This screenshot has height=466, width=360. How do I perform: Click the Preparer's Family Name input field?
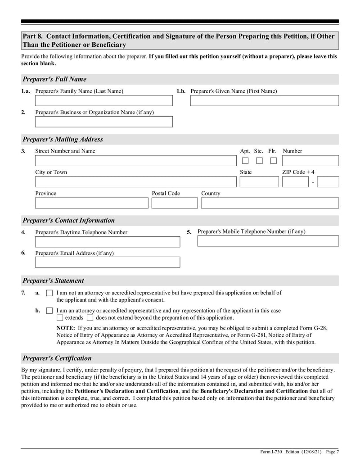click(x=103, y=101)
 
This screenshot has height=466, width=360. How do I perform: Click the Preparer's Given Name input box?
click(x=264, y=101)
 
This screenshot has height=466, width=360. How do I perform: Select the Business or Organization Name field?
click(x=103, y=122)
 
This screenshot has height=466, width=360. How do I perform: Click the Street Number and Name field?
click(x=135, y=161)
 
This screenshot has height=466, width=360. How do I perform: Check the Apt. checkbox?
click(x=245, y=161)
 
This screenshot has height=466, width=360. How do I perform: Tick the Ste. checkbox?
click(x=259, y=161)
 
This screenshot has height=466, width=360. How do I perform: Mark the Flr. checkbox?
click(x=273, y=161)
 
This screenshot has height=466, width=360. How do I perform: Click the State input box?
click(x=259, y=182)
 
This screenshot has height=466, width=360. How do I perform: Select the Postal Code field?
click(x=174, y=203)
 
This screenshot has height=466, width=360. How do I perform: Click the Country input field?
click(x=270, y=203)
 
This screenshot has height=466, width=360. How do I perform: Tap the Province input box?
click(x=91, y=203)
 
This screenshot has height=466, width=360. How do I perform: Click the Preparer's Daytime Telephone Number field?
click(x=107, y=242)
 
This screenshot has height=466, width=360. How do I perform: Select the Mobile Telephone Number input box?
click(x=268, y=241)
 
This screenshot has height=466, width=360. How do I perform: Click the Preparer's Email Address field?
click(x=107, y=262)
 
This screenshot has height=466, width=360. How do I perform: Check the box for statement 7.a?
click(x=49, y=293)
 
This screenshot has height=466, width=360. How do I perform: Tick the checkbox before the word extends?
click(x=60, y=318)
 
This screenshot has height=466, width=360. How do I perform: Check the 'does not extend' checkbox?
click(x=90, y=318)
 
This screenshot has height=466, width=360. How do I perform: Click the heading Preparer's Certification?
click(x=57, y=358)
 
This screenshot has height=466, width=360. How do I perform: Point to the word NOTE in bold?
click(x=65, y=328)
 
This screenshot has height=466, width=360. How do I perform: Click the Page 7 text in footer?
click(x=332, y=452)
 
